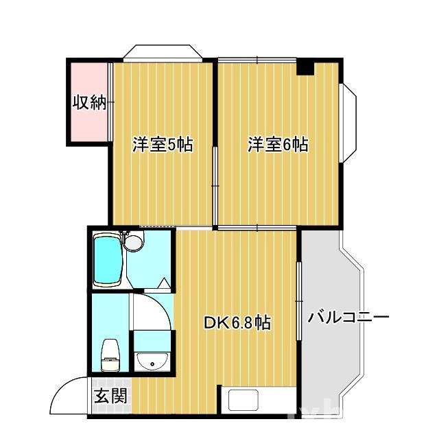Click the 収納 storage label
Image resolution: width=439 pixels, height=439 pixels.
(89, 103)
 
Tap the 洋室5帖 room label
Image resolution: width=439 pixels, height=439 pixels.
(162, 145)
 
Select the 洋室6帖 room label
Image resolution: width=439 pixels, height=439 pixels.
(277, 145)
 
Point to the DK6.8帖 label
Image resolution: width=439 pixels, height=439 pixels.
(237, 322)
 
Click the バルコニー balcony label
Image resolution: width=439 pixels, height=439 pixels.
(348, 318)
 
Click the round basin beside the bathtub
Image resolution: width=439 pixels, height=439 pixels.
(132, 242)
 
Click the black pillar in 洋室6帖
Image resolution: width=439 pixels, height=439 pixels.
(305, 67)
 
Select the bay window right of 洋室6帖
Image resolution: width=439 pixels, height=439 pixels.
(348, 121)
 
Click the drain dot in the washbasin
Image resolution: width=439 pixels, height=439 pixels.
(152, 364)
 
